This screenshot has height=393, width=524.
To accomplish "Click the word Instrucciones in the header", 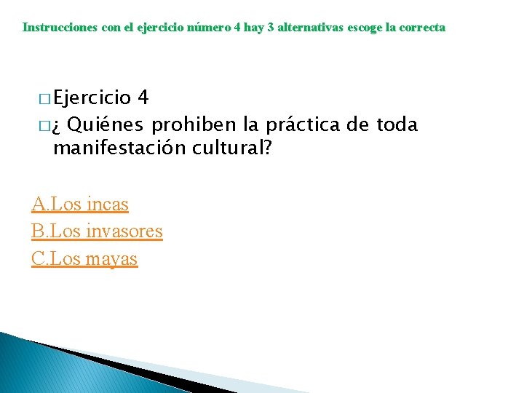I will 54,28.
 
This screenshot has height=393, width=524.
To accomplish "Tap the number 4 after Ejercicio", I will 143,98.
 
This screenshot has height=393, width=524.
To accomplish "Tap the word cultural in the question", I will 227,148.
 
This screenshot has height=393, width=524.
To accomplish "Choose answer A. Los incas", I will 80,205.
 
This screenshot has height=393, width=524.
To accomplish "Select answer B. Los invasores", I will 97,231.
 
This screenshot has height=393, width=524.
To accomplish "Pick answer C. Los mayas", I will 84,258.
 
